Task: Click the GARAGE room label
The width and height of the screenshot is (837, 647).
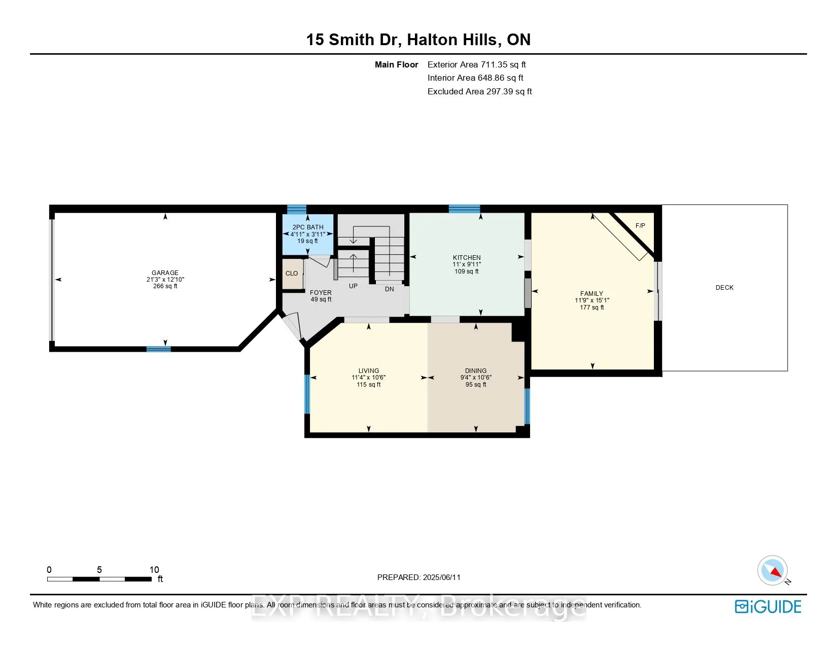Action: click(165, 273)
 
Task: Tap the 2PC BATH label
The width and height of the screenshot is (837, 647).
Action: click(308, 227)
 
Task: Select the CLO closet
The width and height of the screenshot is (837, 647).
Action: click(292, 274)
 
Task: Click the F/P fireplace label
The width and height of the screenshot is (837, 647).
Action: click(640, 226)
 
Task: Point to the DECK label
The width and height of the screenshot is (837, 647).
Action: click(724, 288)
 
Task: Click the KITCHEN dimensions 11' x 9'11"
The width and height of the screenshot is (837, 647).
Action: click(467, 264)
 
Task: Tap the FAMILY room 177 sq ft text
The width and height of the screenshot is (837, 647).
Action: click(591, 308)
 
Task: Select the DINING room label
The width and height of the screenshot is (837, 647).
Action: click(475, 371)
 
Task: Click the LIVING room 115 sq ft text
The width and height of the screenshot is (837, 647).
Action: click(369, 385)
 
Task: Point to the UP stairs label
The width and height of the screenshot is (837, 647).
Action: click(353, 286)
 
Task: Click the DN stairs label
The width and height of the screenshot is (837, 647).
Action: click(389, 289)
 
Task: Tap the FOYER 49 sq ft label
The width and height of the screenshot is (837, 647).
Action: click(321, 299)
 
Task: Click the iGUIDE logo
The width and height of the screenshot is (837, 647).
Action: click(768, 606)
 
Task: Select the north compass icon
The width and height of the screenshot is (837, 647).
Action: click(773, 570)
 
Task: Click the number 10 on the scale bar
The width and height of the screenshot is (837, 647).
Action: click(154, 570)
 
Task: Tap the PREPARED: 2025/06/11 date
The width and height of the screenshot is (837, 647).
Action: click(419, 577)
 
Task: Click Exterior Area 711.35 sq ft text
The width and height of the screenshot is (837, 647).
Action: click(476, 64)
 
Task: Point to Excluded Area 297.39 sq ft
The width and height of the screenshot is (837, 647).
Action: click(479, 91)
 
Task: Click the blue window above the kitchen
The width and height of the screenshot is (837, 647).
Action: click(464, 209)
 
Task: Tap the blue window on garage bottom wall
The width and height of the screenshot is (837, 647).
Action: click(159, 349)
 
